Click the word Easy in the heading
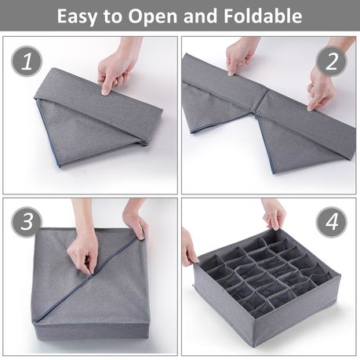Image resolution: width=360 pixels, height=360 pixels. [x=77, y=16]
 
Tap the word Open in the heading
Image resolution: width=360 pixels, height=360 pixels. [x=153, y=17]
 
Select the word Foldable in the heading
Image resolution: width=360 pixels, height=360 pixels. [x=263, y=16]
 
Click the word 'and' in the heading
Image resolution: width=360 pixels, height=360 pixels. [x=201, y=16]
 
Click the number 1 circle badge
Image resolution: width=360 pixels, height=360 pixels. [x=27, y=61]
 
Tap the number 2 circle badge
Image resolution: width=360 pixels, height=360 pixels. [x=332, y=61]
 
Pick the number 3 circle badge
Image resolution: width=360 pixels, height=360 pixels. [x=27, y=222]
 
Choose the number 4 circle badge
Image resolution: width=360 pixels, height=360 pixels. [x=332, y=222]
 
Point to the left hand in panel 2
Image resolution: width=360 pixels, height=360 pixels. [x=241, y=56]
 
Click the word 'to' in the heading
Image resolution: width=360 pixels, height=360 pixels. [x=112, y=17]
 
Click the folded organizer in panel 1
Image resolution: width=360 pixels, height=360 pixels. [x=99, y=118]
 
